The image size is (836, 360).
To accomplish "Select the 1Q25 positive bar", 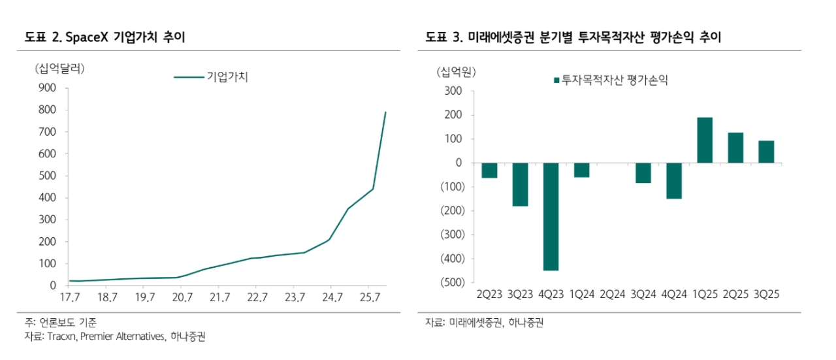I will (705, 140).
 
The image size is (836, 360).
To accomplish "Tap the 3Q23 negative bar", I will (520, 184).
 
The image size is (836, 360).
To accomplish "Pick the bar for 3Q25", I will (766, 152).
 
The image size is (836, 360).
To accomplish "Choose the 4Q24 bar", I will (674, 180).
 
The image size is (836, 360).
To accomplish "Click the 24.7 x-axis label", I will (332, 298).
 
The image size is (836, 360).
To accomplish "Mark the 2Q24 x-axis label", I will (612, 294).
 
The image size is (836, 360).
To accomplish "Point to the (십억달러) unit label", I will (59, 68).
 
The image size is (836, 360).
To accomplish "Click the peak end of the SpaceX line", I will (385, 112).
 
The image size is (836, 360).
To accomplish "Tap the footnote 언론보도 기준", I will (69, 322).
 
